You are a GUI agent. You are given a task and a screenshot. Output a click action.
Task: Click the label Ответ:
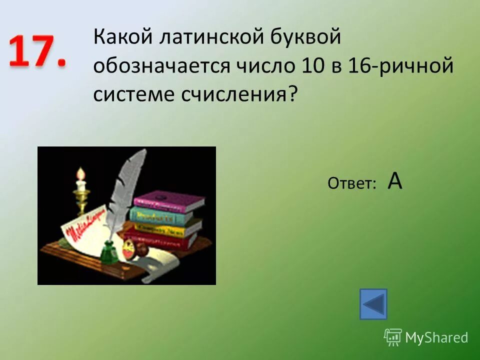tap(352, 184)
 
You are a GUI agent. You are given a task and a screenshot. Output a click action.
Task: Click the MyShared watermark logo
tap(426, 337)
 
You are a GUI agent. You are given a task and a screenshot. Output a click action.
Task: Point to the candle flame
tap(79, 173)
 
